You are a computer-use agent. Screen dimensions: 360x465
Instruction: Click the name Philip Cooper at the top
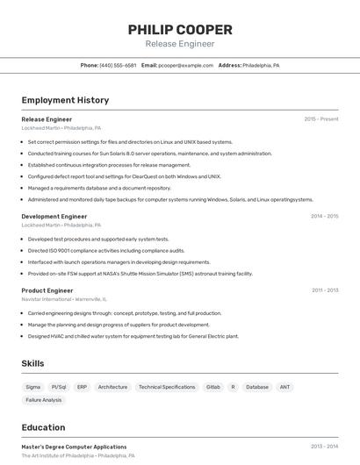(x=180, y=30)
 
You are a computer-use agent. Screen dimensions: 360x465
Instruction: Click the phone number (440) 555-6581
(x=118, y=65)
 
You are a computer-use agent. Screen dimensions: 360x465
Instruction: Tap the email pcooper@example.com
(x=185, y=65)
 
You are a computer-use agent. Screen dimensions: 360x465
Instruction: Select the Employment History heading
(x=65, y=100)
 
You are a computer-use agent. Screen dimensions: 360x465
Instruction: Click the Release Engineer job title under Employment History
(x=47, y=119)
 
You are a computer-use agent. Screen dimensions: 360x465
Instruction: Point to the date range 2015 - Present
(x=320, y=119)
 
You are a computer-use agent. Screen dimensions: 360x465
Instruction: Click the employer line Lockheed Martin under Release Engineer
(x=61, y=128)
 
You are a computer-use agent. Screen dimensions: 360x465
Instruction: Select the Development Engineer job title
(x=54, y=216)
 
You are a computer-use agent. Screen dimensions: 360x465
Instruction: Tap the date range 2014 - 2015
(x=324, y=216)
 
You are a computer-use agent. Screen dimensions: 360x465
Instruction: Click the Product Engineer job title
(x=47, y=290)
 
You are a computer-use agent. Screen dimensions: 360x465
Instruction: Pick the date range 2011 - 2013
(x=324, y=290)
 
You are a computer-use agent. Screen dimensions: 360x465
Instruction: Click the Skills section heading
(x=32, y=363)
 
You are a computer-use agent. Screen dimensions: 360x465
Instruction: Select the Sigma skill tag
(x=33, y=387)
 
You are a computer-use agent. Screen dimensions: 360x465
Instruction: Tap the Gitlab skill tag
(x=212, y=387)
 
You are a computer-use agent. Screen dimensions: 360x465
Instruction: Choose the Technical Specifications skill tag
(x=167, y=387)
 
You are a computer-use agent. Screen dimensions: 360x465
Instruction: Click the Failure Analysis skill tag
(x=44, y=400)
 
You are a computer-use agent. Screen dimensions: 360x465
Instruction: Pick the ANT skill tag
(x=284, y=387)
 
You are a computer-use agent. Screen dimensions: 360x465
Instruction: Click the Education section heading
(x=43, y=428)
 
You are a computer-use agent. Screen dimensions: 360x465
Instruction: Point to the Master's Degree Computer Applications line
(x=74, y=447)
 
